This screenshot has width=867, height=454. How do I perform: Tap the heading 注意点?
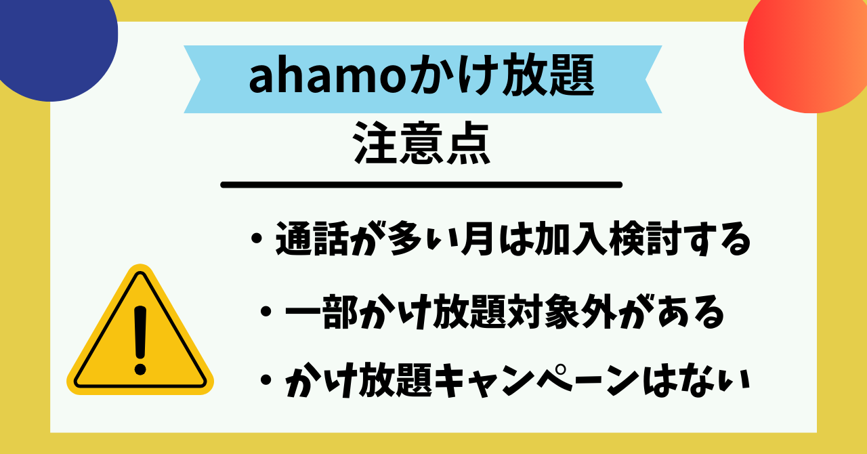point(421,144)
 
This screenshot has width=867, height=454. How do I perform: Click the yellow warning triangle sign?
point(140,333)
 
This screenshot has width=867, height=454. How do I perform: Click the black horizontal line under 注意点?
point(421,184)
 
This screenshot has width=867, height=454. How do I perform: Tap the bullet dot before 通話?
point(255,241)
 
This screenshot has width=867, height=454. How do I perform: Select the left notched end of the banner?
point(196,79)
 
